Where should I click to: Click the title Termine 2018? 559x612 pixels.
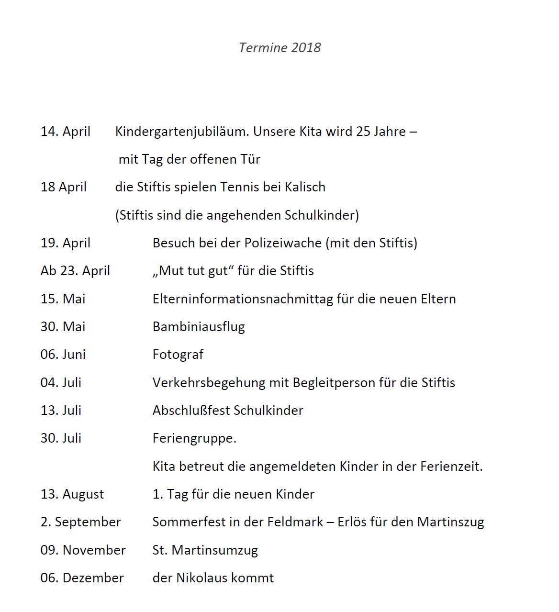[x=279, y=48]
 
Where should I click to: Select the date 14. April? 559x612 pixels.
[x=66, y=132]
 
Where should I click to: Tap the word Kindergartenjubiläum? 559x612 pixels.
[x=182, y=132]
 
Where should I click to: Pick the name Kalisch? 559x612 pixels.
[x=305, y=187]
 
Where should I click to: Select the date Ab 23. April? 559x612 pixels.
[x=75, y=271]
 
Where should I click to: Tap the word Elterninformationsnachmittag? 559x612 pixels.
[x=243, y=299]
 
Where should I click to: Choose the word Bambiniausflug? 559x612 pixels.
[x=199, y=327]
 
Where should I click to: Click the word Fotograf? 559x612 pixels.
[x=178, y=355]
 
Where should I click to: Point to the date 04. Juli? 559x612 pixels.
[x=61, y=383]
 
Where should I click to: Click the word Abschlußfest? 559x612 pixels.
[x=191, y=411]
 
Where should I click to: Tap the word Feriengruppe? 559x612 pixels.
[x=194, y=439]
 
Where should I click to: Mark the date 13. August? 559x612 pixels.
[x=72, y=494]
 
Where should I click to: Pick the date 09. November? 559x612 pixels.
[x=83, y=550]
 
